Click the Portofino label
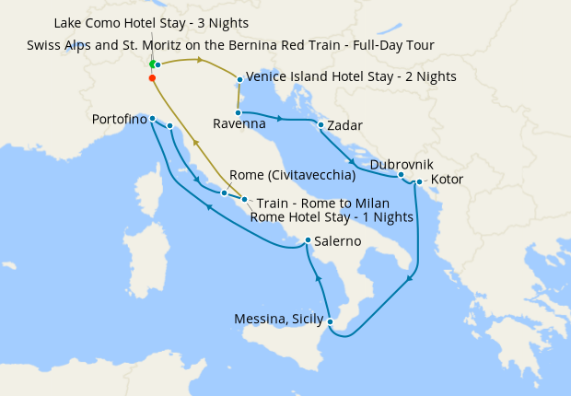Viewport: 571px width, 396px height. (122, 120)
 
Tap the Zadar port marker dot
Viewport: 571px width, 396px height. (320, 124)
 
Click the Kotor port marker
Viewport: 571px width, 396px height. (419, 181)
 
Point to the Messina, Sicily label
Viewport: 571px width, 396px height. (279, 320)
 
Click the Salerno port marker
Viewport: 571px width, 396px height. (308, 240)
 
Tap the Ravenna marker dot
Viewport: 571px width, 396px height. (238, 112)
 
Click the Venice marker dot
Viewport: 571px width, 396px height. (239, 79)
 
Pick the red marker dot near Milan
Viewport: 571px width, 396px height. (151, 78)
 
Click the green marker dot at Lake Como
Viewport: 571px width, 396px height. (153, 64)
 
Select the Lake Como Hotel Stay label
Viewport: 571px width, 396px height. (151, 22)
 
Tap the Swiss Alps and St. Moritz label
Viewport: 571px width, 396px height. (230, 44)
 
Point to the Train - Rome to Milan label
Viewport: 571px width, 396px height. (322, 203)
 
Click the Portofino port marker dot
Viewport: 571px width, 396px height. (152, 119)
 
